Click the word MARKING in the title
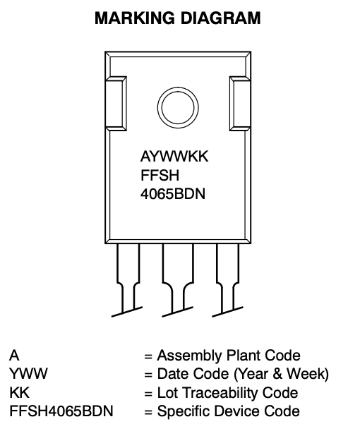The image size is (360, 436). (135, 18)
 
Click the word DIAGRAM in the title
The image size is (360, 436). (221, 18)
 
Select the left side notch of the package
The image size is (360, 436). (116, 104)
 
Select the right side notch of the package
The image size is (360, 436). (240, 104)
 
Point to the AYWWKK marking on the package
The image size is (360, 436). (174, 157)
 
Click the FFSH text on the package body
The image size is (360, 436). (160, 175)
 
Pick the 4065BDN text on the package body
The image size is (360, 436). (173, 194)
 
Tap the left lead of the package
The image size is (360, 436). (128, 278)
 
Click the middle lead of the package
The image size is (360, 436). (178, 278)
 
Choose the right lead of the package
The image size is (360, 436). (227, 278)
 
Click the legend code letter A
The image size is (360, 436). (14, 356)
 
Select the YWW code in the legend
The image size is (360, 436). (28, 374)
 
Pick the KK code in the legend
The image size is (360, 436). (20, 393)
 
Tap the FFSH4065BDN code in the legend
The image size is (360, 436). (61, 411)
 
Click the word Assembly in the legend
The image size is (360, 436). (190, 356)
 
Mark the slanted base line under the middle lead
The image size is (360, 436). (177, 312)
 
